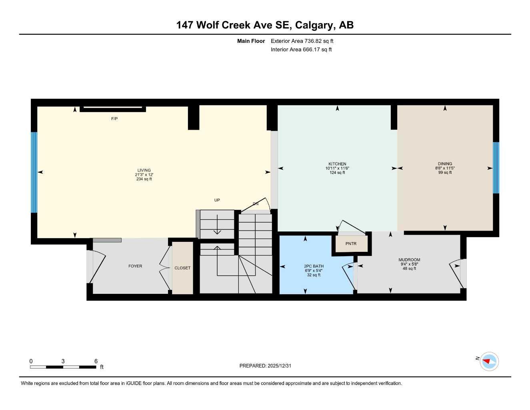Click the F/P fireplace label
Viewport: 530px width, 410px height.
coord(114,119)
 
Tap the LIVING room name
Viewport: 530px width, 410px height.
coord(144,170)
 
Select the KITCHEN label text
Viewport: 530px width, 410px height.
coord(337,164)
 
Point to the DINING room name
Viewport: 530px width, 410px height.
coord(445,164)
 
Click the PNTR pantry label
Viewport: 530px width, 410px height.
coord(351,243)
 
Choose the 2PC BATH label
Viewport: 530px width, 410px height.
coord(314,266)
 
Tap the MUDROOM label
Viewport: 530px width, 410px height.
coord(409,260)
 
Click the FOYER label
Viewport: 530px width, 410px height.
coord(135,266)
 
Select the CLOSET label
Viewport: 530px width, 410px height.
coord(182,268)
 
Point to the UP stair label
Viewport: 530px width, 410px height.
coord(217,200)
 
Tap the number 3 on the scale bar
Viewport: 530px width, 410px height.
coord(63,361)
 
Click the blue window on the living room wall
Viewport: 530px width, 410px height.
coord(34,172)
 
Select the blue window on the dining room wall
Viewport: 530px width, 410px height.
coord(496,168)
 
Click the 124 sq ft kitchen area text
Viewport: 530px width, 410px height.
coord(337,173)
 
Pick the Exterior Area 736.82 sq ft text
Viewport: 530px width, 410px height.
coord(302,41)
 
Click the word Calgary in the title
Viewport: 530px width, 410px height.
coord(314,25)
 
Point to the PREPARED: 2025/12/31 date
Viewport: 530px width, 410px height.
coord(265,366)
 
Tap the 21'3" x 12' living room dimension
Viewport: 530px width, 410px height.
coord(144,175)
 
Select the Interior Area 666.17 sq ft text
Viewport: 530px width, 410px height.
coord(301,50)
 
